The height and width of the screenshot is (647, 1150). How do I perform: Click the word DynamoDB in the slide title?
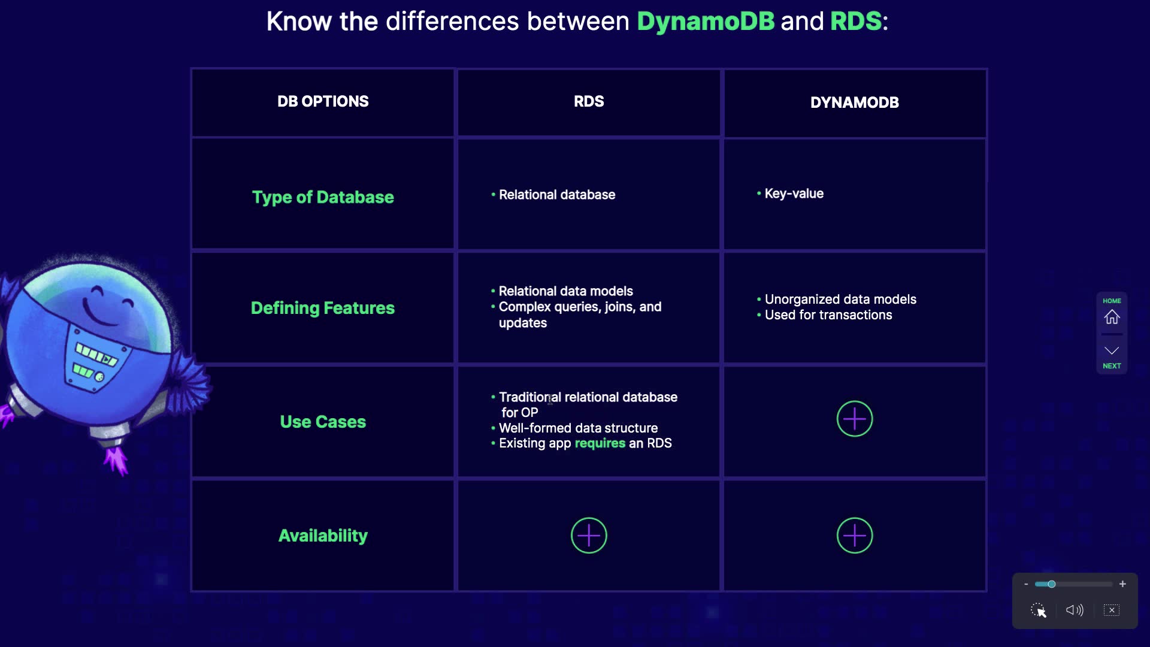(x=706, y=22)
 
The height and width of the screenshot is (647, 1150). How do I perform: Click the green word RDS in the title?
(x=856, y=22)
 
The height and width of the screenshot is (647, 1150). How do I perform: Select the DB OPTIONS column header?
(x=323, y=101)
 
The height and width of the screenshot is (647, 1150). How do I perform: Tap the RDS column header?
(x=589, y=101)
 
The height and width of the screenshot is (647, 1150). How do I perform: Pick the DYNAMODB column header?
(x=855, y=102)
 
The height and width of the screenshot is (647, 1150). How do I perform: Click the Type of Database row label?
(x=323, y=197)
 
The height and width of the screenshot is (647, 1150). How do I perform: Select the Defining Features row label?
(x=323, y=308)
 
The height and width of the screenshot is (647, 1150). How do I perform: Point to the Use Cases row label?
(x=323, y=422)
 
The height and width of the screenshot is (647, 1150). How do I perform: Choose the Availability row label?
(x=323, y=536)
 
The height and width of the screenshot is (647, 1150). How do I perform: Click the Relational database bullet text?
(x=557, y=195)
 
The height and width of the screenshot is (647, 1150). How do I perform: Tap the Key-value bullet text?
(x=794, y=194)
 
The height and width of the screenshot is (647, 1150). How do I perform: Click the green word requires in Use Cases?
(x=600, y=443)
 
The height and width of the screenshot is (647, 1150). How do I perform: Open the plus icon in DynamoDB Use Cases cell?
(x=855, y=419)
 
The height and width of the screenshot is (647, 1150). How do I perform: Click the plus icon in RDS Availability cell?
(x=589, y=536)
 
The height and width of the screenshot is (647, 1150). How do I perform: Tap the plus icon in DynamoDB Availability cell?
(x=855, y=536)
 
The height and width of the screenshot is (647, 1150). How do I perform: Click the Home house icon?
(x=1112, y=317)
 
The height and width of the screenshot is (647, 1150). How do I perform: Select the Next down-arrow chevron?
(x=1112, y=350)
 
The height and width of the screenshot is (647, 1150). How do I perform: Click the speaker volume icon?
(x=1075, y=610)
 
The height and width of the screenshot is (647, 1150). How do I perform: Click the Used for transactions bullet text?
(x=828, y=315)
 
